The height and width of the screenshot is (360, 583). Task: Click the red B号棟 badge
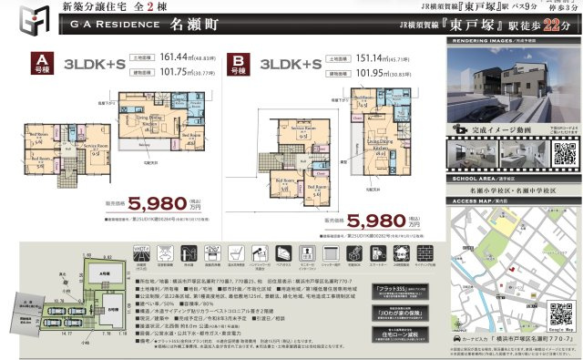[x=237, y=64]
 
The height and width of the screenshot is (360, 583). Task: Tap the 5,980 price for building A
[x=137, y=203]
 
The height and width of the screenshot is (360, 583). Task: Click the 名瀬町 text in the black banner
[x=190, y=27]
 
